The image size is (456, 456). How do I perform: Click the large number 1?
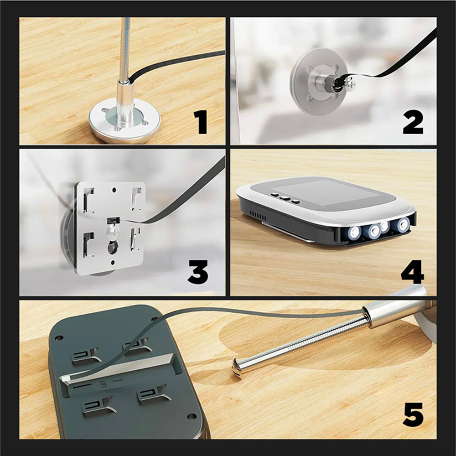200,122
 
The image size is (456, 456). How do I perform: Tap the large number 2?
413,123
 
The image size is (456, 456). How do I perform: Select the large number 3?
198,272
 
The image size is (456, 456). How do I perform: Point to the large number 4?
413,272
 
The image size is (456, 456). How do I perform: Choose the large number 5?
413,415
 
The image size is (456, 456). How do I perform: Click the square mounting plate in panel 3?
110,228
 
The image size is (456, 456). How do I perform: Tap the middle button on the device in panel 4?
285,198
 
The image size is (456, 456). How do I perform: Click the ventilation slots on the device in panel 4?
258,216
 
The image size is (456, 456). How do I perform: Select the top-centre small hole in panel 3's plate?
114,190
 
